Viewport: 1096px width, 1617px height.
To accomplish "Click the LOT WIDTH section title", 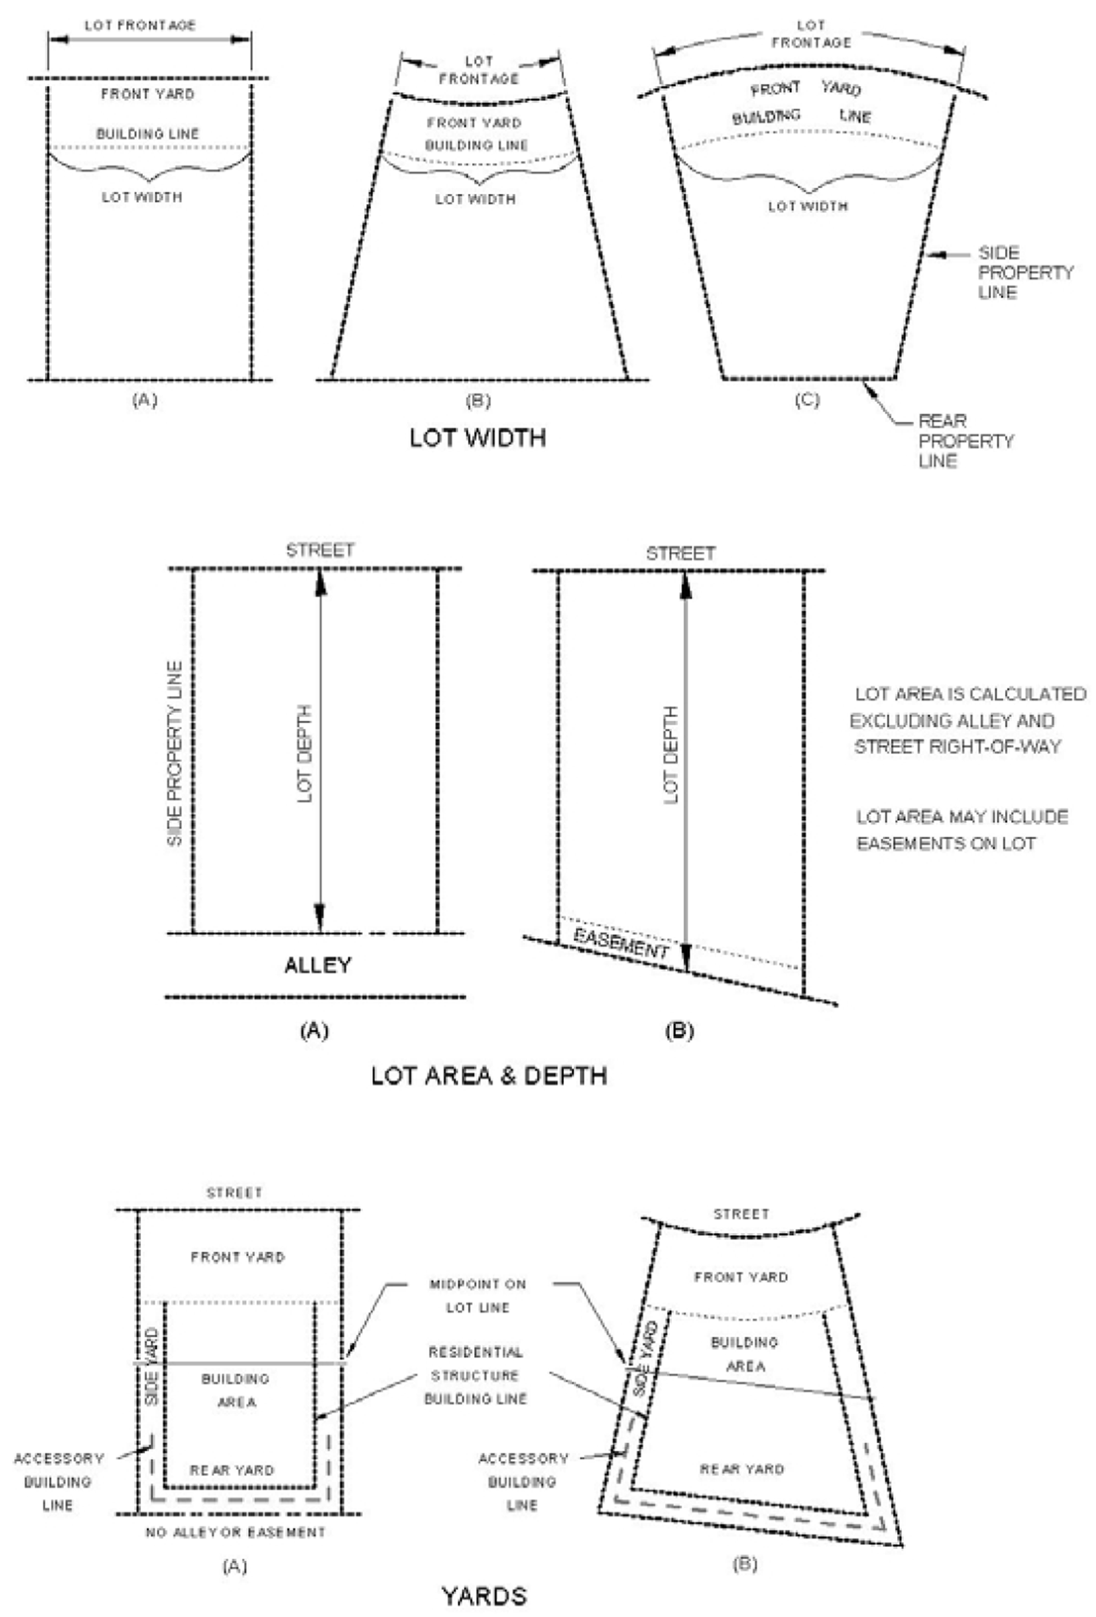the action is click(478, 438).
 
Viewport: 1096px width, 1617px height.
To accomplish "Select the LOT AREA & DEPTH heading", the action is click(488, 1076).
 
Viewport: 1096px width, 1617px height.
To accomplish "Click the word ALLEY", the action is click(317, 965).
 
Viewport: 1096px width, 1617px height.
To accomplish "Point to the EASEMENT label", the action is click(620, 943).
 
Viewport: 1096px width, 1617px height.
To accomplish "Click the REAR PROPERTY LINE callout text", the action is click(966, 441).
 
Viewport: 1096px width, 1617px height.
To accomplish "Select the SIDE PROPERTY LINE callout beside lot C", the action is click(1025, 273).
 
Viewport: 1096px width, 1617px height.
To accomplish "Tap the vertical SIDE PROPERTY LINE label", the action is click(175, 753).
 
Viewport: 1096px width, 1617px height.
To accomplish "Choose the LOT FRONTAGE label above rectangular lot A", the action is click(140, 26).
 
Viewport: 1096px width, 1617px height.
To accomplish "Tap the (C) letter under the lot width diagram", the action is click(807, 400).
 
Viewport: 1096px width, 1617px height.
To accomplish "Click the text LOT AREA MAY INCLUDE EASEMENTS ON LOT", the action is click(962, 830).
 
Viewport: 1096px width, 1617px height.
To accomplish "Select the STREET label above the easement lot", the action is click(680, 553).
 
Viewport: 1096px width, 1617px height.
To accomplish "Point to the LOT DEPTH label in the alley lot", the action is click(304, 753).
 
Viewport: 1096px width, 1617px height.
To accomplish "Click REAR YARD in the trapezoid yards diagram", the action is click(742, 1469).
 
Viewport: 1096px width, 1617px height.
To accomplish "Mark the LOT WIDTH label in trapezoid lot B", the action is click(476, 199).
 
